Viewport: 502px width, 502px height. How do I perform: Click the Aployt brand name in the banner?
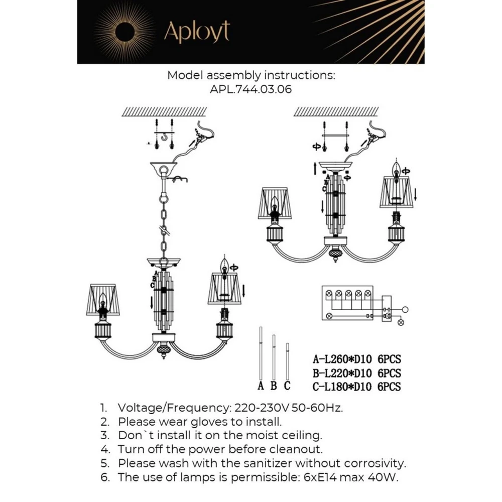197,32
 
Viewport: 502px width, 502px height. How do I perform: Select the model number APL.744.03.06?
251,90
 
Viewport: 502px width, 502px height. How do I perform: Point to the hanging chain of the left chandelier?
164,221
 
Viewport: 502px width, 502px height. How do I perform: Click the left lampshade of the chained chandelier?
103,300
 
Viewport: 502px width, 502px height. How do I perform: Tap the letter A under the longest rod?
261,386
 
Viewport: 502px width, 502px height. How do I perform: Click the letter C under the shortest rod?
287,386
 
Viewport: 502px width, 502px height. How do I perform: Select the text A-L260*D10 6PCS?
356,359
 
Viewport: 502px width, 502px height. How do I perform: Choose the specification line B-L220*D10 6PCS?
356,373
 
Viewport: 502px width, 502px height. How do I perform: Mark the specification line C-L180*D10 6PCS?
356,387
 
